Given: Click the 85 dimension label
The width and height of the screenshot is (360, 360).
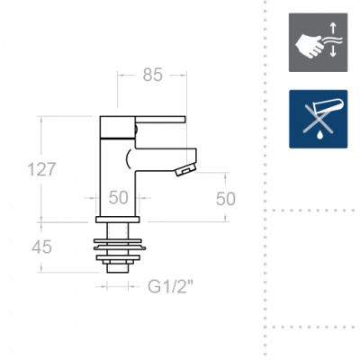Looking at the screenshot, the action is tap(152, 75).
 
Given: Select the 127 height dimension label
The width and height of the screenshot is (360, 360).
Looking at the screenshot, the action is tap(41, 169).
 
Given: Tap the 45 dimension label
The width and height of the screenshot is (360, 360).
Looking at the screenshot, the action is tap(41, 247).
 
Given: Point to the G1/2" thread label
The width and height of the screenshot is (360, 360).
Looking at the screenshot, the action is tap(170, 287).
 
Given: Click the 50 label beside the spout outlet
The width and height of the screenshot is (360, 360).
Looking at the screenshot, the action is tap(226, 199).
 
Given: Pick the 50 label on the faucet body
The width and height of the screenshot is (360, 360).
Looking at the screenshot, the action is tap(118, 198).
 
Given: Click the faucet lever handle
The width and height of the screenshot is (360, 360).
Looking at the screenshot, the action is tap(160, 120).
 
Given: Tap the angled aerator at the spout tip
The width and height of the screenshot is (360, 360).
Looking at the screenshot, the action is tap(185, 169).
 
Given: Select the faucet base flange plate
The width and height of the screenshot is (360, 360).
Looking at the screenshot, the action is tap(118, 220).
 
